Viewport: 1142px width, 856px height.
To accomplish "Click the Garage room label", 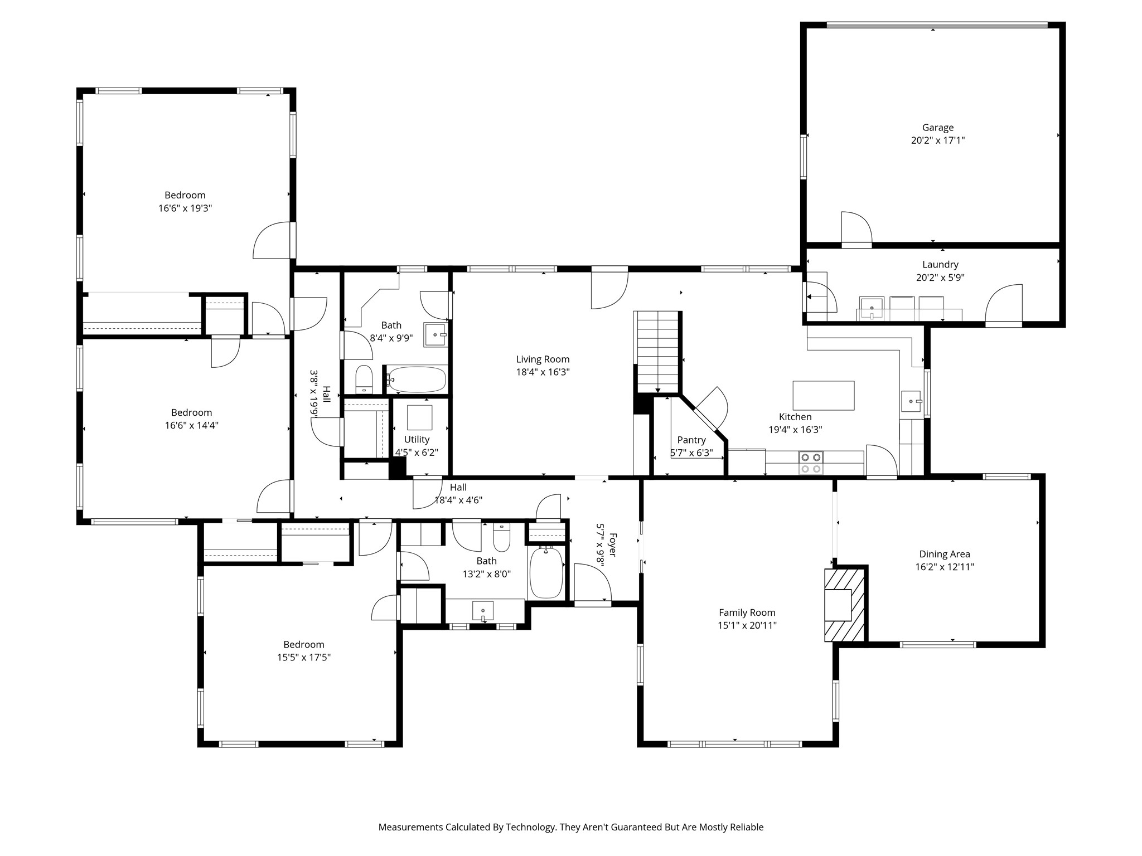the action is pos(937,128).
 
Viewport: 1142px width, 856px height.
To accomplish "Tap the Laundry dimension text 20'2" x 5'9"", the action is pos(940,278).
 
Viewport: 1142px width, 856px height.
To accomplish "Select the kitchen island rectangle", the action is pos(824,395).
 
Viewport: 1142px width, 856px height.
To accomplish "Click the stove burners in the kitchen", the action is pos(811,463).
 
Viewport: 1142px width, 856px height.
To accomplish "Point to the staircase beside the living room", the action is pos(658,352).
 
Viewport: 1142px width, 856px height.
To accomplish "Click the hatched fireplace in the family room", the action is pos(845,604).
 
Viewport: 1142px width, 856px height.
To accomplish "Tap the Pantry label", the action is pos(691,440).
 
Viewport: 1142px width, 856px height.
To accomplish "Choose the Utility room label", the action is pos(417,439).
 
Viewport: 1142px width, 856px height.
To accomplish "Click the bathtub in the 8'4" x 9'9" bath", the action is pos(417,380).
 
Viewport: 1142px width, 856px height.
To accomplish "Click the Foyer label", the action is pos(612,544).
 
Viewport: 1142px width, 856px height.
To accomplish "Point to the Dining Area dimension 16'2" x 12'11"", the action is pos(945,567).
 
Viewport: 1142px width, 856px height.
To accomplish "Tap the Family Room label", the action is pos(747,613).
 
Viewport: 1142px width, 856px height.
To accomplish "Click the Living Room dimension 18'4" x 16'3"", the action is pos(543,372).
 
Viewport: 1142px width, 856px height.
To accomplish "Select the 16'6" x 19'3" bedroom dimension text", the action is pos(185,208).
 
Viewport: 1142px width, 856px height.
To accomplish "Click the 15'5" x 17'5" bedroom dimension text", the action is pos(304,658).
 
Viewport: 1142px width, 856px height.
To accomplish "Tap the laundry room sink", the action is pos(871,308).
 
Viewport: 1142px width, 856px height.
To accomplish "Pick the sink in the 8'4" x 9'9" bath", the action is pos(435,334).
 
